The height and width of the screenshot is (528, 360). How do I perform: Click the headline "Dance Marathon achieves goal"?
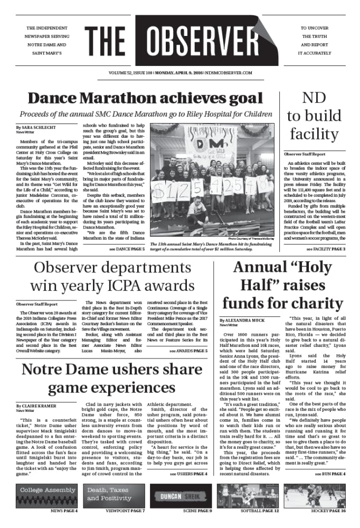[x=145, y=98]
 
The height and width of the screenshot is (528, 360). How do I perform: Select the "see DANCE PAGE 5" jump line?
[x=127, y=248]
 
